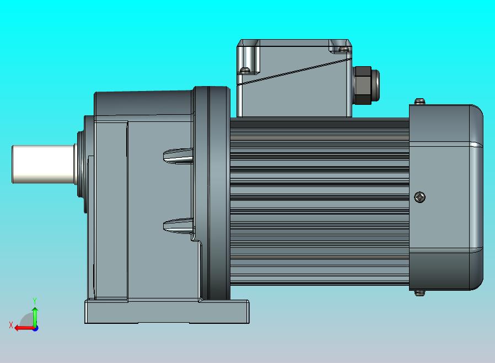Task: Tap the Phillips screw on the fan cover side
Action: (x=421, y=196)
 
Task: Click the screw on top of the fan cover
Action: (x=421, y=101)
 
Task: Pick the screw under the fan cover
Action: (x=421, y=292)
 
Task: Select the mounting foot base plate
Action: (x=165, y=312)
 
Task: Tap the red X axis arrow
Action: (x=23, y=328)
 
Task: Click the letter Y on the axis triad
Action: (x=35, y=301)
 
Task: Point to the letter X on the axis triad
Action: (x=10, y=325)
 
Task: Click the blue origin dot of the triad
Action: (x=35, y=328)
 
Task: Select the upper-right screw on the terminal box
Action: (x=345, y=49)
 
